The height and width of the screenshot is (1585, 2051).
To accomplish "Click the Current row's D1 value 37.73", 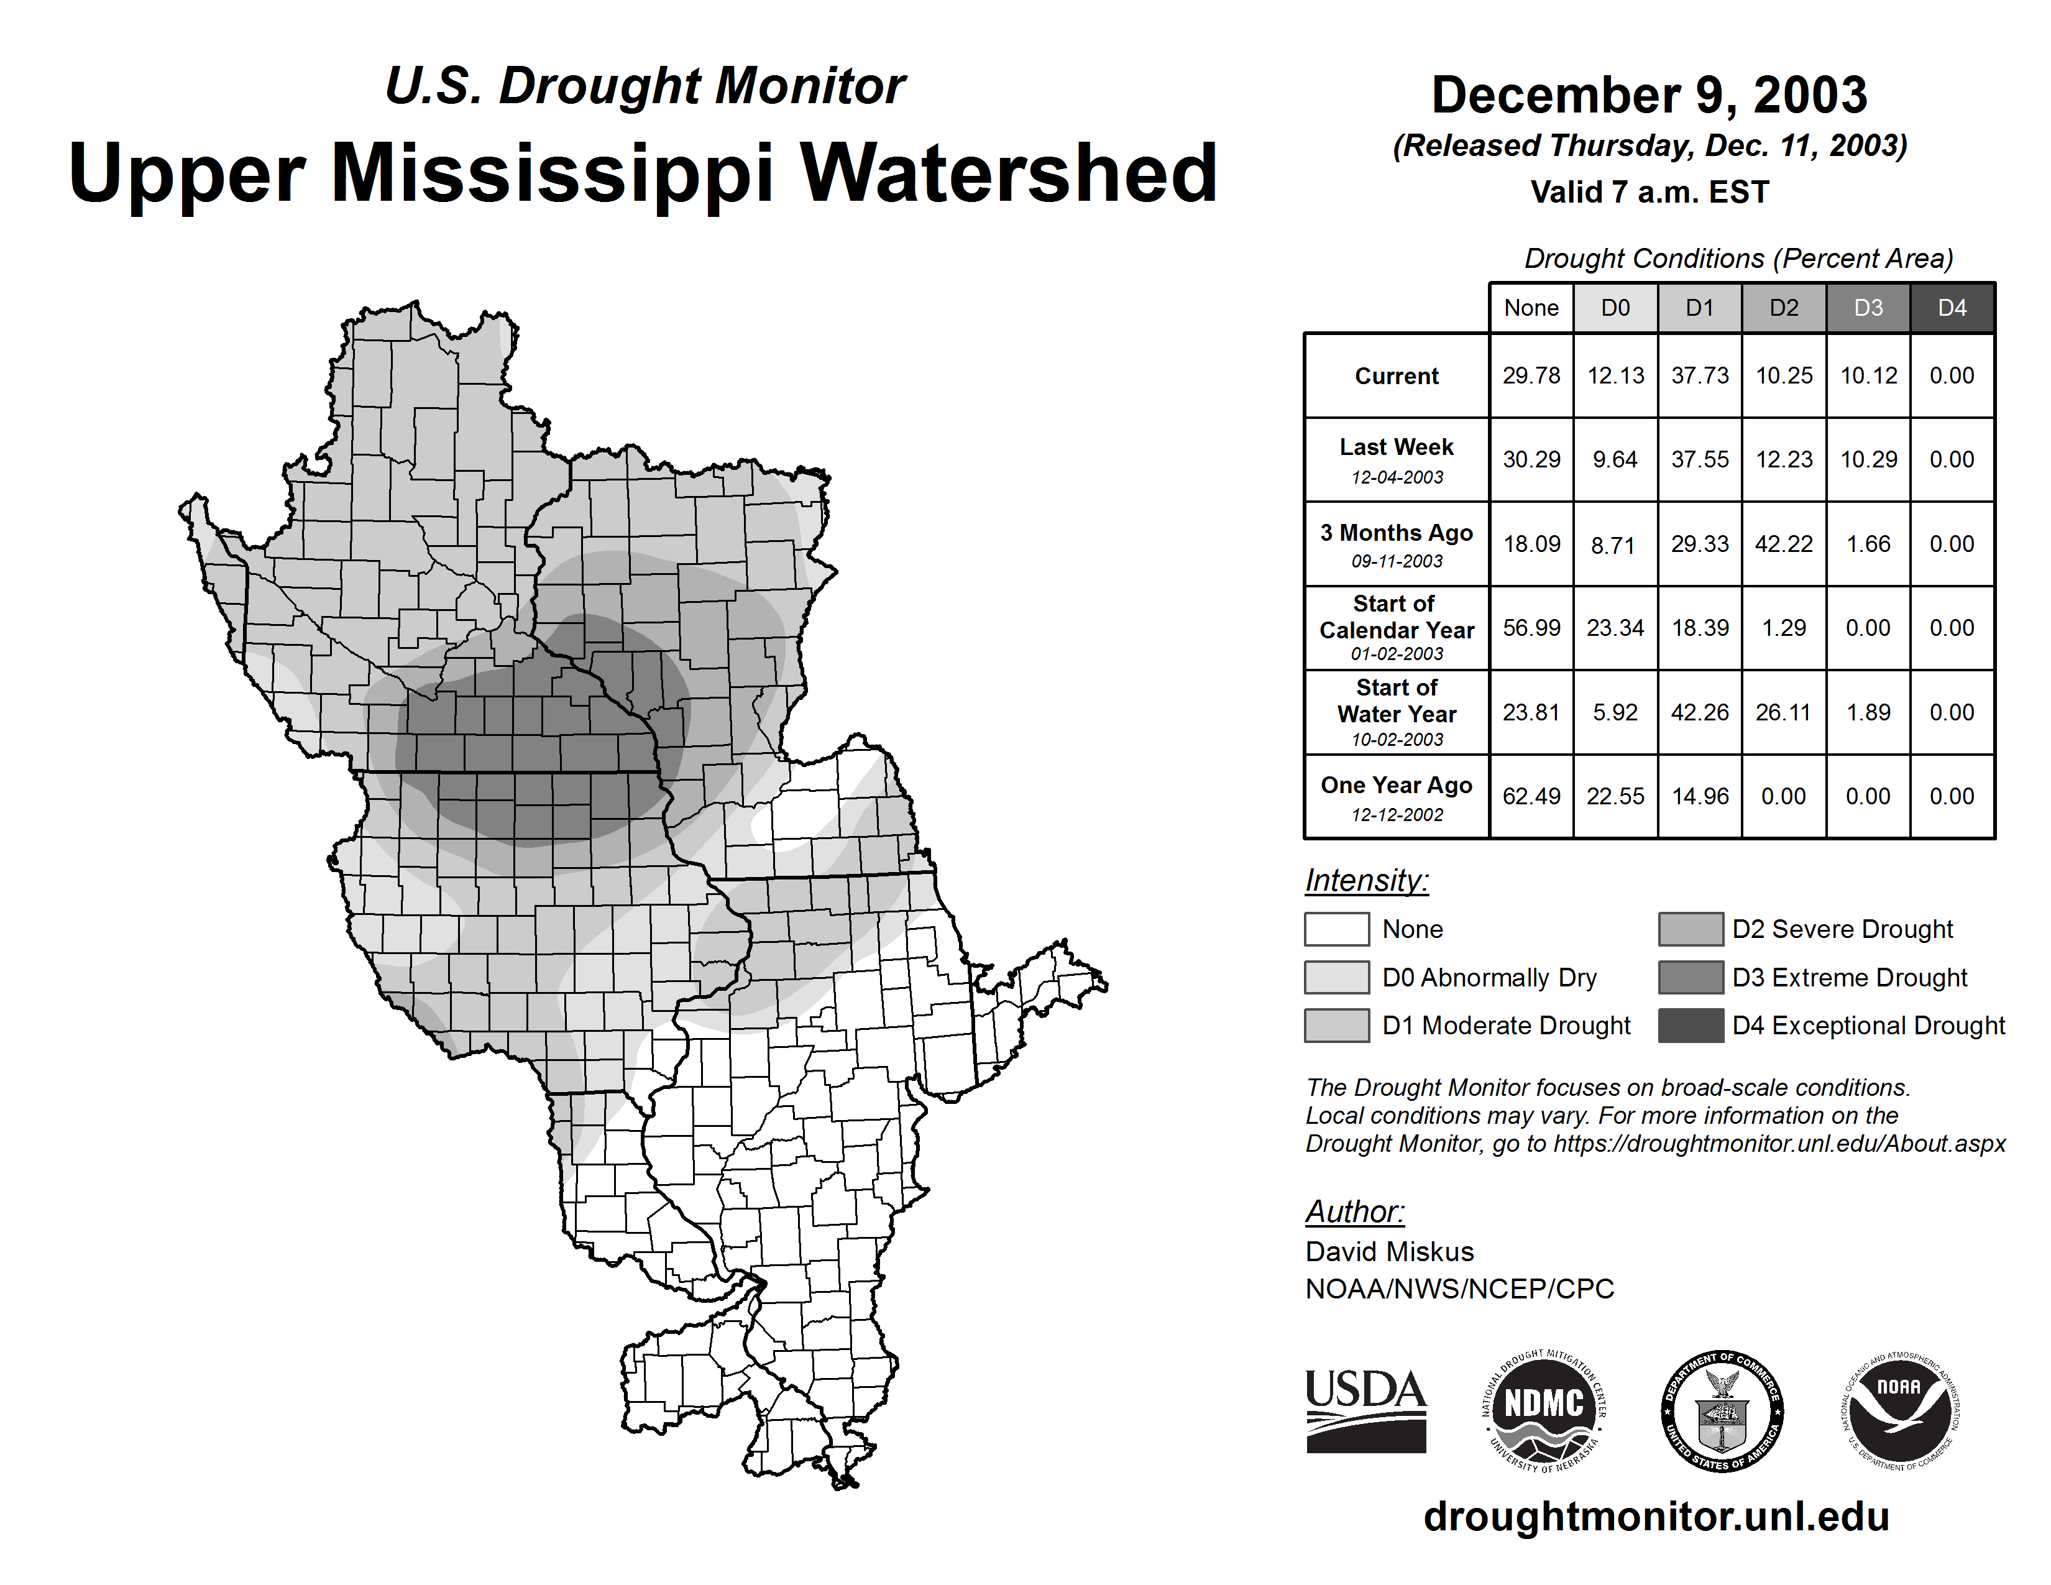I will click(1700, 375).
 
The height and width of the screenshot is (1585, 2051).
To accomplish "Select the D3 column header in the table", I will click(1868, 308).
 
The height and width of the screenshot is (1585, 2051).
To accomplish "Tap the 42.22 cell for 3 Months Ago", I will click(1783, 544).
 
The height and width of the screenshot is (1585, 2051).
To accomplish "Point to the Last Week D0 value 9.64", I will click(1615, 459).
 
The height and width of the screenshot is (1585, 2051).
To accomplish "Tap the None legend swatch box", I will click(1336, 929).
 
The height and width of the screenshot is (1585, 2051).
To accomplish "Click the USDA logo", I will click(1365, 1410).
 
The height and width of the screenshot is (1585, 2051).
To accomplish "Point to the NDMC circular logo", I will click(1544, 1410).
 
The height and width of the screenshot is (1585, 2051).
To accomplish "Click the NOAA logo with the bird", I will click(1899, 1410).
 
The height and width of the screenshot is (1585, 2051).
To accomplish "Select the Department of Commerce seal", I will click(1722, 1410).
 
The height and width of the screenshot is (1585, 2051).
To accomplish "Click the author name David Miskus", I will click(1389, 1252).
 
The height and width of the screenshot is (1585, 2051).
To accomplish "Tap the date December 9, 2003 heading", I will click(1649, 95).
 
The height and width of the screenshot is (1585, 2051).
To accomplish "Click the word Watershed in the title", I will click(1009, 173).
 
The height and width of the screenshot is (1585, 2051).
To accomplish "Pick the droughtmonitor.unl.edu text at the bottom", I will click(1656, 1517).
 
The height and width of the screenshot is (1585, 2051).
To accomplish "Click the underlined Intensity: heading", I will click(1366, 881).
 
